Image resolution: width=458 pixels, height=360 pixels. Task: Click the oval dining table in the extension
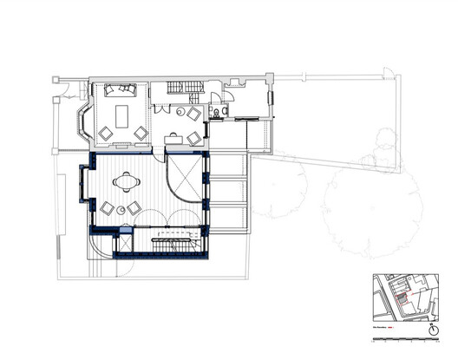point(129,182)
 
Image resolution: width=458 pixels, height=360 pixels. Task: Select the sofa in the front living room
point(119,90)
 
